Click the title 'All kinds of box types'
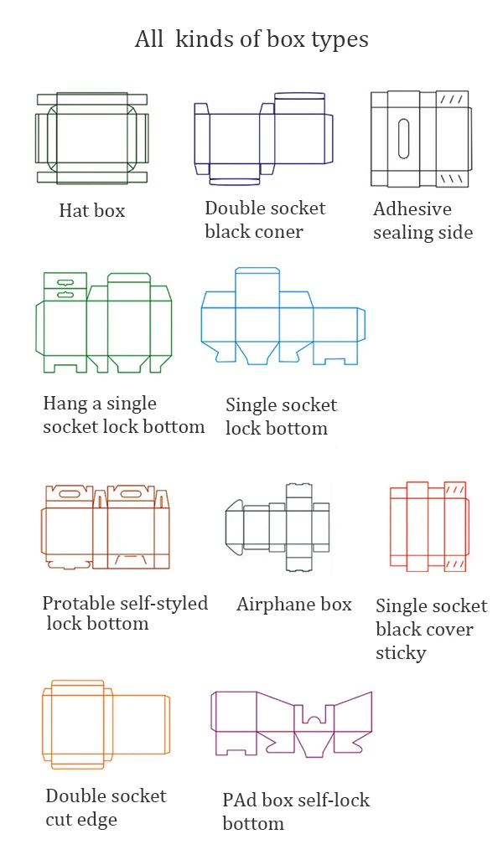pos(251,39)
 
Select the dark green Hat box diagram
pos(91,138)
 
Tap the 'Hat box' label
pos(91,211)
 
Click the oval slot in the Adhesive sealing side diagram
pos(403,137)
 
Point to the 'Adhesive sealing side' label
pos(423,221)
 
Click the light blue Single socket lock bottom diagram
pos(283,317)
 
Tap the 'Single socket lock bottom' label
pos(280,417)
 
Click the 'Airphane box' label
pos(293,605)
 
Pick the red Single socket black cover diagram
pos(429,526)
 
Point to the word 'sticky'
pos(401,652)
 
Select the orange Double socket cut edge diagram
pos(105,724)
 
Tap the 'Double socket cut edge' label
pos(106,807)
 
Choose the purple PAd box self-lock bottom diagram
pos(291,723)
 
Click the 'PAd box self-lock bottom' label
pos(295,811)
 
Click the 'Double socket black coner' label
pos(265,219)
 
